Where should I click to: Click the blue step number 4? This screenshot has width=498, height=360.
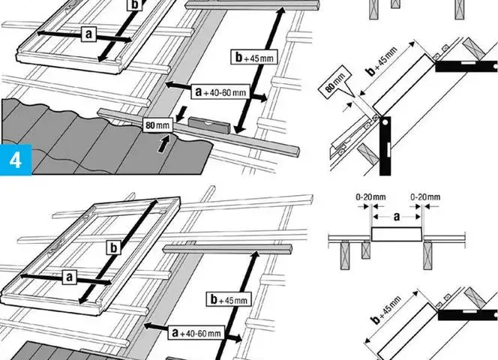pos(16,160)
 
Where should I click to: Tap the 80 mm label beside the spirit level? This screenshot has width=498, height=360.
pos(157,125)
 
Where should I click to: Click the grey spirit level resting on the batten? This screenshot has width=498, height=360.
pos(209,126)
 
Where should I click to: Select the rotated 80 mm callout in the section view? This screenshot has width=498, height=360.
pos(335,82)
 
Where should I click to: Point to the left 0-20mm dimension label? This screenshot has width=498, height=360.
pos(370,197)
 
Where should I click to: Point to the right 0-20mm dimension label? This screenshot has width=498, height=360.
pos(425,197)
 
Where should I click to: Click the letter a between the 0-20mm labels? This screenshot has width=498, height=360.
pos(397,217)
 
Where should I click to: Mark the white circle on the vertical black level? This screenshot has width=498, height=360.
pos(385,121)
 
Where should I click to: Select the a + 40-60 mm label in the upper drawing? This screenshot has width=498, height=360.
pos(221,91)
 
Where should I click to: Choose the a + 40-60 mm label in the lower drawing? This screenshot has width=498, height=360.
pos(196,333)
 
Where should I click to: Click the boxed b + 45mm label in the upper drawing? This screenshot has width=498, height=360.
pos(254,57)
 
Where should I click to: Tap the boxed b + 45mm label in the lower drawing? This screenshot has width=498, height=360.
pos(229,299)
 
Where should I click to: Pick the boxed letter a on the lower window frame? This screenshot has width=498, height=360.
pos(70,277)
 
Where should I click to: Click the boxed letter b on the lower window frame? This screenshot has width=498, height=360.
pos(114,247)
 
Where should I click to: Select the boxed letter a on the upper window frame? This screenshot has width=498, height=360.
pos(88,34)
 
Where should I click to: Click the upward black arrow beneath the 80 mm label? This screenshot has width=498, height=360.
pos(163,144)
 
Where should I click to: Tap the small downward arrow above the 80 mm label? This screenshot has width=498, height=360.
pos(181,114)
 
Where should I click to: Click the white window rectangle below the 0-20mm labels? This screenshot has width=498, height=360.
pos(397,235)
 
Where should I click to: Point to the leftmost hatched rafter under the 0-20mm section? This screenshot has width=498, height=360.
pos(345,255)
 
